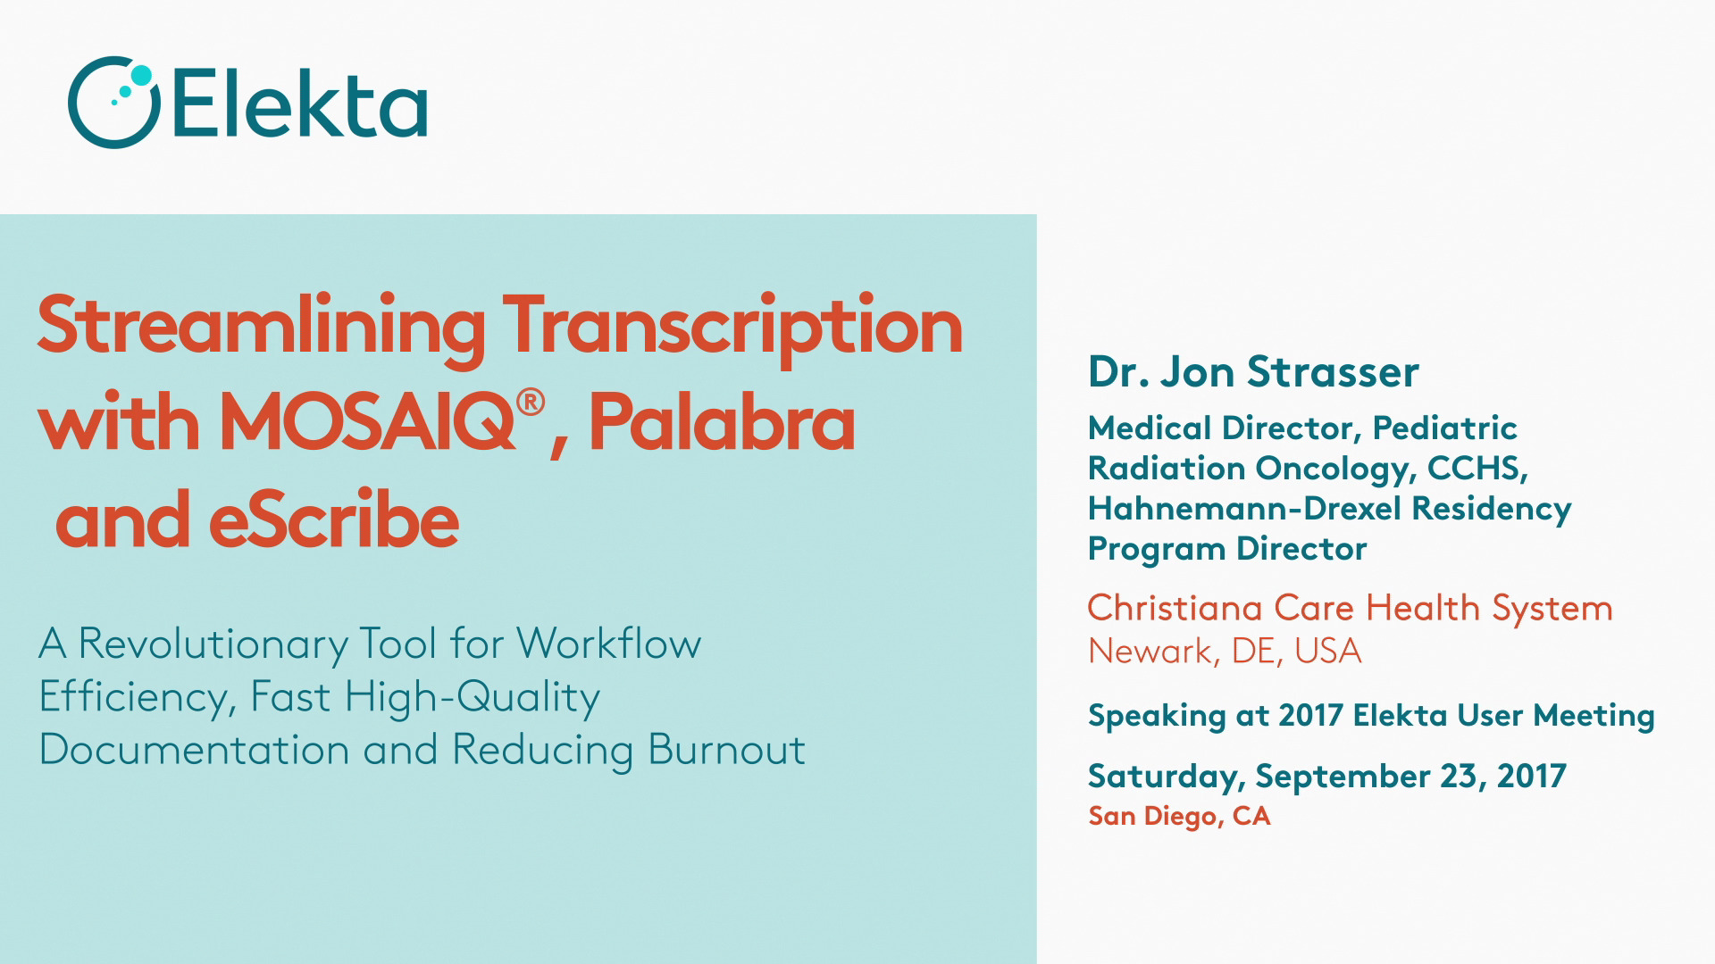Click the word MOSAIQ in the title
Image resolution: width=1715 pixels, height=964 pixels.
(366, 424)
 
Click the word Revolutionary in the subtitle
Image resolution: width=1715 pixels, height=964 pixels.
(213, 644)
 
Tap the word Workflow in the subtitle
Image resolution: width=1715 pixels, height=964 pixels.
(609, 643)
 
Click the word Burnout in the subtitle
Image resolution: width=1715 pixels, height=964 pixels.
(726, 749)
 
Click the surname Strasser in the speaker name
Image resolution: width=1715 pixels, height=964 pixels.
(1334, 372)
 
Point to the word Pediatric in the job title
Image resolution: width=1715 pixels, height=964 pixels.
(1444, 428)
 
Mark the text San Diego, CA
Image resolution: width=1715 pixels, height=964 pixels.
(1179, 816)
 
